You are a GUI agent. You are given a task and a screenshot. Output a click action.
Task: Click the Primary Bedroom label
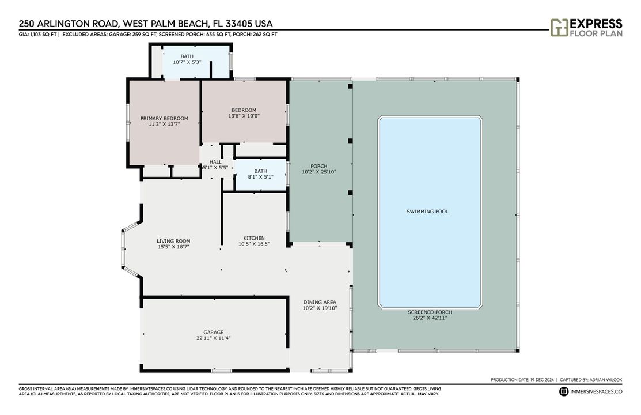tap(164, 118)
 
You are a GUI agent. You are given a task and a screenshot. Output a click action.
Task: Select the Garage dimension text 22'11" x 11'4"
tap(213, 339)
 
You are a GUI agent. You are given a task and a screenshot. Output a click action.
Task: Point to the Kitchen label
tap(254, 238)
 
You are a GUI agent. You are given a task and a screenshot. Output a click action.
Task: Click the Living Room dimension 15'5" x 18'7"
tap(173, 247)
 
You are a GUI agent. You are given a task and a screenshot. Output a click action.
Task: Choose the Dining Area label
tap(320, 302)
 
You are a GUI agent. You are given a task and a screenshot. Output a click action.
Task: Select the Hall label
tap(215, 162)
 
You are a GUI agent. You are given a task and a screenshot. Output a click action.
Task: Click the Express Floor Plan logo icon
tap(558, 27)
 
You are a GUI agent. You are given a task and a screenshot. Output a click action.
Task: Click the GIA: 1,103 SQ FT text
tap(37, 35)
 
